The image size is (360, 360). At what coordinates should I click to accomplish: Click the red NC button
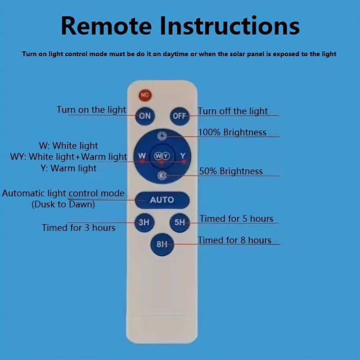coord(145,95)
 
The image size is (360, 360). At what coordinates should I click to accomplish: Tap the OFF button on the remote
coord(180,116)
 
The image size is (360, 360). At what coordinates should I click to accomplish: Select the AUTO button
coord(162,200)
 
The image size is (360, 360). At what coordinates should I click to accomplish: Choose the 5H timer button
coord(180,222)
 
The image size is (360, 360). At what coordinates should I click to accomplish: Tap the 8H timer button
coord(162,244)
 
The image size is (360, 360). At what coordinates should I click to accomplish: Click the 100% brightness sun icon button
coord(162,136)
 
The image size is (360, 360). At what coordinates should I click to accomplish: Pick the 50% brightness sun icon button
coord(162,175)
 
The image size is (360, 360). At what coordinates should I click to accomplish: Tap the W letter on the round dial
coord(142,156)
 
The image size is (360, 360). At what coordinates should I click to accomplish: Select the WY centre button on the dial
coord(162,156)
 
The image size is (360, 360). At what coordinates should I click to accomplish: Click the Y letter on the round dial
coord(183,156)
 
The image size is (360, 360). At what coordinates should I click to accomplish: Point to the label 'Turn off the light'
coord(233,111)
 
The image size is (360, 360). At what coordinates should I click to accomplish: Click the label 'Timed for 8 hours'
coord(234,240)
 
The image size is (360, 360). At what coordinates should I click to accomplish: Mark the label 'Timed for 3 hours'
coord(78,228)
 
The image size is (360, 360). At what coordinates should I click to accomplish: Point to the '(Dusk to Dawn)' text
coord(63,204)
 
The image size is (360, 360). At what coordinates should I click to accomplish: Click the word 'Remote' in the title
coord(106,26)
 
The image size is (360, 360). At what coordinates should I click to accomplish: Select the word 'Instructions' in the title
coord(229,26)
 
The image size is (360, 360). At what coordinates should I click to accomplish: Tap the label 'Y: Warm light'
coord(68,168)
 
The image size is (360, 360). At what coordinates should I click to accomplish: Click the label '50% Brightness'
coord(231,171)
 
